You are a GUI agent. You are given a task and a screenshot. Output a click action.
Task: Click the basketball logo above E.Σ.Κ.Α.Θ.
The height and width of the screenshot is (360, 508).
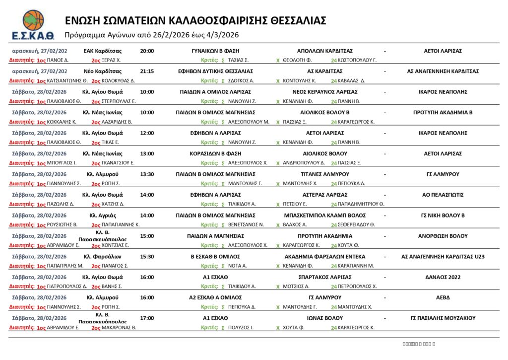pos(33,20)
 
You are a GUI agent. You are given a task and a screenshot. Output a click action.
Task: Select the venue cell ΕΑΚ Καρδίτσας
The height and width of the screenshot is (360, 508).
pos(103,51)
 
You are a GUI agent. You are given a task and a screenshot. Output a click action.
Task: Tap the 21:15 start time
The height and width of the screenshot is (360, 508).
pos(147,71)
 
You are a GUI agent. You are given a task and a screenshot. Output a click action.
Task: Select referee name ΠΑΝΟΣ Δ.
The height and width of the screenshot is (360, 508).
pos(58,60)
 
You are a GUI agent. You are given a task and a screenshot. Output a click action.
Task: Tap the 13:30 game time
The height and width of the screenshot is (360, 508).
pos(147,174)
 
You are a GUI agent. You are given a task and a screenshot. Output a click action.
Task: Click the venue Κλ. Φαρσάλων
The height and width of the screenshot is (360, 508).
pos(103,257)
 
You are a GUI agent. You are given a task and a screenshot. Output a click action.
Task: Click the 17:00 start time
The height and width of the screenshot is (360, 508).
pos(147,318)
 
